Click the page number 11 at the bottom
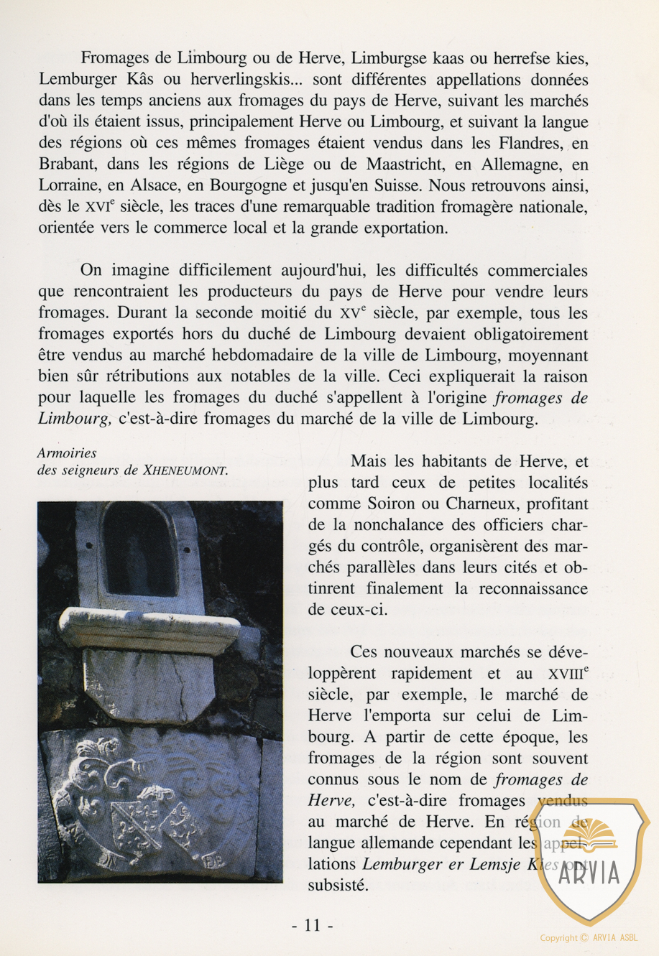(313, 925)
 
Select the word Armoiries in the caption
(67, 453)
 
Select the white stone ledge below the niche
(149, 629)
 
